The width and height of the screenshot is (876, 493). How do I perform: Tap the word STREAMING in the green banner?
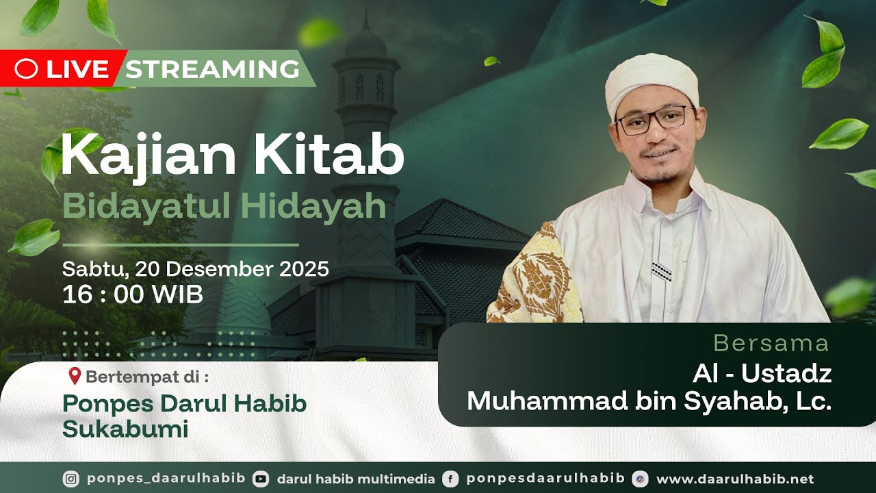[212, 69]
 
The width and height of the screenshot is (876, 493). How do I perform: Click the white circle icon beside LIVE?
[26, 68]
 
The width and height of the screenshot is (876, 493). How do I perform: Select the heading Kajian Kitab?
[232, 156]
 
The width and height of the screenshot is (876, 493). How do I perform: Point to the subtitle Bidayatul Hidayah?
[224, 206]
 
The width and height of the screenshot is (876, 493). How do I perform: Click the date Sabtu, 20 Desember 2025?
[195, 268]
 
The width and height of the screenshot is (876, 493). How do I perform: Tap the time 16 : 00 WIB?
[132, 294]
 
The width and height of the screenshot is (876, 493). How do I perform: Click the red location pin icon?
[75, 376]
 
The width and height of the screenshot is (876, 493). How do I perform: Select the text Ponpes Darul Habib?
[184, 403]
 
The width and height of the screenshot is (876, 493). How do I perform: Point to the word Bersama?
[771, 343]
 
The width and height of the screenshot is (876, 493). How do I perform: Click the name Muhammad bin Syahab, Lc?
[649, 401]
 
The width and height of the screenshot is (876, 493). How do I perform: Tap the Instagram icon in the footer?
[70, 479]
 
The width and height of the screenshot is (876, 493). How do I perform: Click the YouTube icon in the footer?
[261, 479]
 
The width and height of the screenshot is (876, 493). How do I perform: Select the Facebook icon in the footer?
[450, 479]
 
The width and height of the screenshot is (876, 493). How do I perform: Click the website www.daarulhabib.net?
[735, 479]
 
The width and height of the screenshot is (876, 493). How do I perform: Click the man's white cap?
[652, 81]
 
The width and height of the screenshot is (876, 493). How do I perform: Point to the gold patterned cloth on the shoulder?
[537, 277]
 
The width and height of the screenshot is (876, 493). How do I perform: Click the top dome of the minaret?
[365, 42]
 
